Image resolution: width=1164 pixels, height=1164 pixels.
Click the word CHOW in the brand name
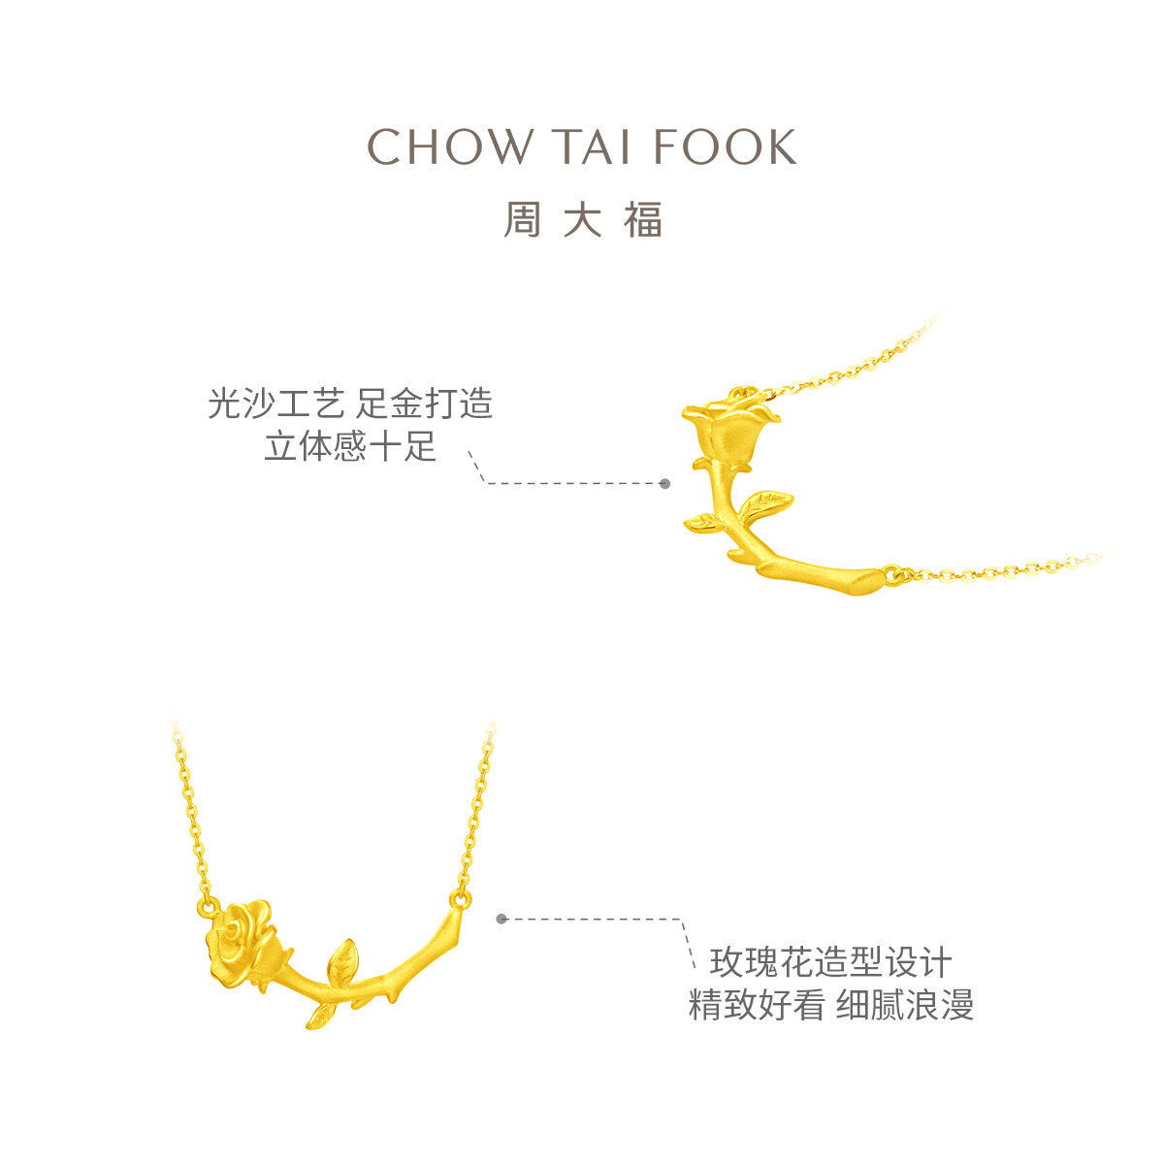coord(449,147)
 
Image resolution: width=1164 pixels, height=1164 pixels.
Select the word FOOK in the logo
coord(725,147)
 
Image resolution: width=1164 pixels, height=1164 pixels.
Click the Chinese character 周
coord(522,220)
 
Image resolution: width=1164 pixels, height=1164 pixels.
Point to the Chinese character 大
coord(582,220)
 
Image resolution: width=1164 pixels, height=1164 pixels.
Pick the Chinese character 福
coord(643,220)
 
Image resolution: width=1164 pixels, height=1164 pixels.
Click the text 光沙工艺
coord(275,404)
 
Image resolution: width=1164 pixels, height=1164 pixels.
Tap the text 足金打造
coord(425,404)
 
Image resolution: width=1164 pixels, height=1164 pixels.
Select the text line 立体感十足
coord(350,447)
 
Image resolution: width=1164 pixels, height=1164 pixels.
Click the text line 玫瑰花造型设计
coord(830,963)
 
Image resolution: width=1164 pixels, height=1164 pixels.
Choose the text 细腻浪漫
coord(905,1005)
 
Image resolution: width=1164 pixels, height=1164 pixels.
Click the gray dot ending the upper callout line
coord(664,483)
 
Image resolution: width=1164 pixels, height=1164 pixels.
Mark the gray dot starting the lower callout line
coord(501,919)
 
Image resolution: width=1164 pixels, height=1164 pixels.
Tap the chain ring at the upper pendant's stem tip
coord(893,574)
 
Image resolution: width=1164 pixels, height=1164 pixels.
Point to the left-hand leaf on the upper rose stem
coord(702,522)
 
